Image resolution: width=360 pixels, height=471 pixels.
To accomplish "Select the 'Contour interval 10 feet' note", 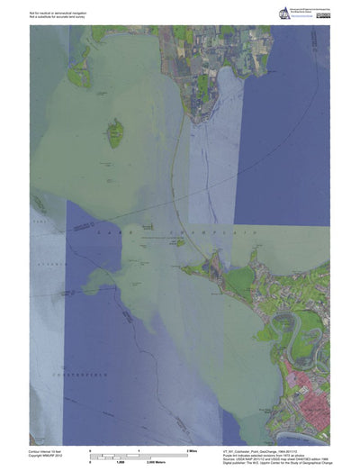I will [x=50, y=448].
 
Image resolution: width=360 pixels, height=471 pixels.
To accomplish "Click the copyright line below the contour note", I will [x=50, y=452].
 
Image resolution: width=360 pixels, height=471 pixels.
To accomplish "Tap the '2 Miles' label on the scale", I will [x=191, y=448].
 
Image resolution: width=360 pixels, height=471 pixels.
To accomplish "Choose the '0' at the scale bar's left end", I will [x=90, y=448].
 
